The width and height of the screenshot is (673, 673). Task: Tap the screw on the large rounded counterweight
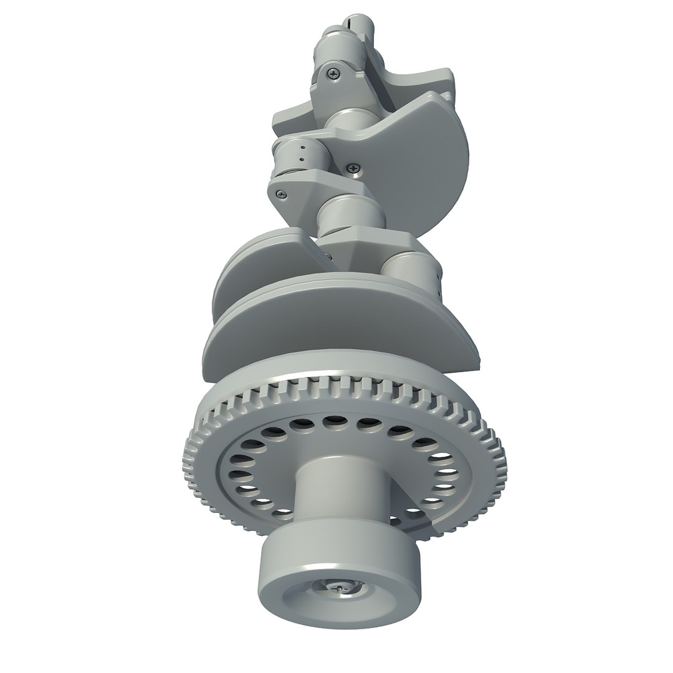tap(355, 167)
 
